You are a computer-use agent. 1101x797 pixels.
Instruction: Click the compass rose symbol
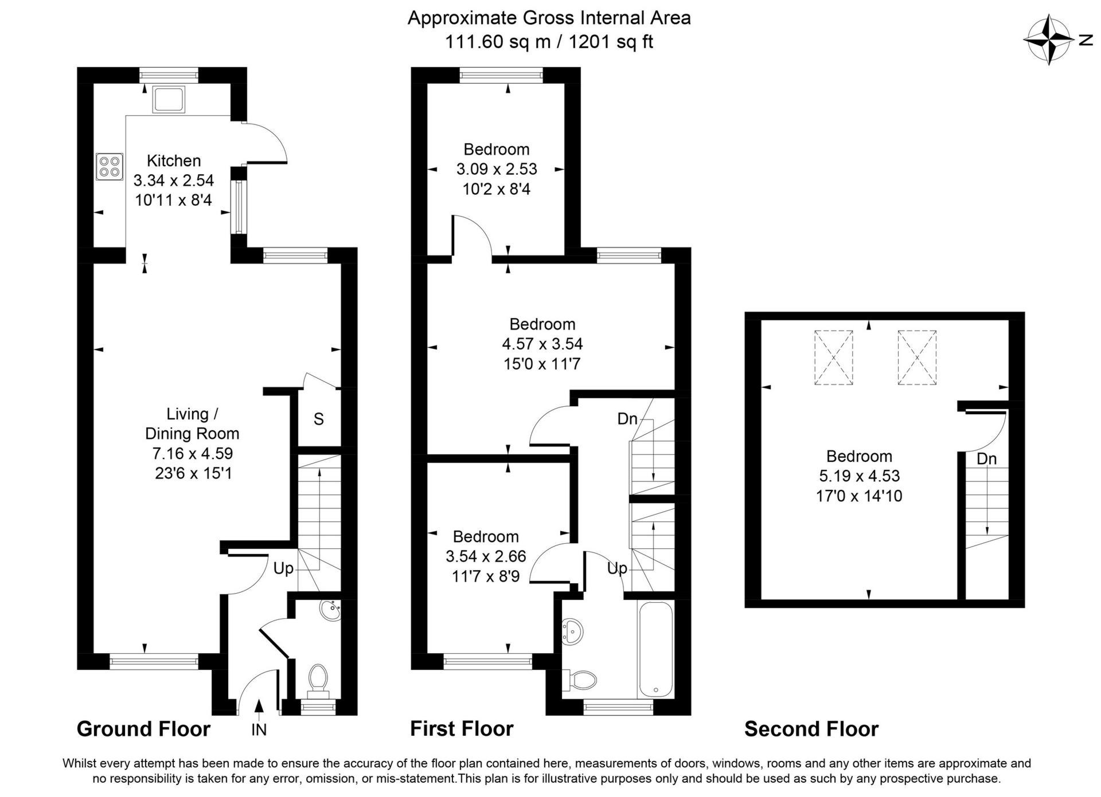tap(1049, 40)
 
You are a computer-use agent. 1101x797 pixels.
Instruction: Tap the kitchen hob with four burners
tap(110, 166)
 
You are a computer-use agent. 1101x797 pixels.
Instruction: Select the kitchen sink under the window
tap(169, 100)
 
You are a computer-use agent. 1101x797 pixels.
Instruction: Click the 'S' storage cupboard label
tap(319, 419)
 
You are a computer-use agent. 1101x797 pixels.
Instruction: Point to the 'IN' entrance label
tap(259, 730)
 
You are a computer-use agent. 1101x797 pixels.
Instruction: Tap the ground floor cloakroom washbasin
tap(331, 611)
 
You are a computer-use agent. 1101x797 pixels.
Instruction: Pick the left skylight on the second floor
tap(833, 358)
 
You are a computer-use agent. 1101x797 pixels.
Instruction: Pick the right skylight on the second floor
tap(917, 358)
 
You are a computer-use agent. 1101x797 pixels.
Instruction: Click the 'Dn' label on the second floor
tap(987, 458)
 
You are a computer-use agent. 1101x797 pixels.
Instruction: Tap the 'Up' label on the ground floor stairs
tap(283, 568)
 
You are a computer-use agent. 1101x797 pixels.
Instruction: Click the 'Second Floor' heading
tap(811, 729)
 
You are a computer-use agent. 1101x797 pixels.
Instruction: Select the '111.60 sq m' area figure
tap(498, 42)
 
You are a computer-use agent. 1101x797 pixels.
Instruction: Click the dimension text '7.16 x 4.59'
tap(192, 453)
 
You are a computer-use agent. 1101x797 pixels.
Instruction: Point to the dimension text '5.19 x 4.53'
tap(859, 476)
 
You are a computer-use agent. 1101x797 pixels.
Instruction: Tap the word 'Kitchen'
tap(174, 160)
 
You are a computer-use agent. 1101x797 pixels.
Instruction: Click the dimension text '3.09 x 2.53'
tap(497, 169)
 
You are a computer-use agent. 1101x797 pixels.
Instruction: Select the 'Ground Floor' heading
tap(143, 729)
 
